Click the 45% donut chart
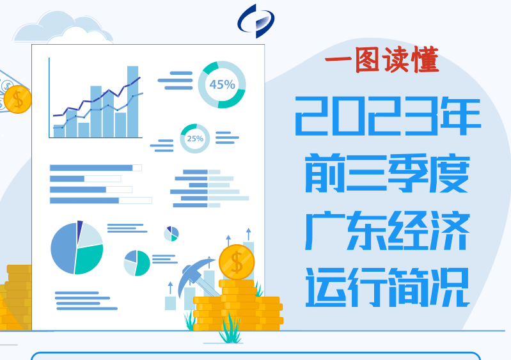point(221,84)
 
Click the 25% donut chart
point(194,138)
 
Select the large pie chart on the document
point(77,247)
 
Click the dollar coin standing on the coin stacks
point(237,262)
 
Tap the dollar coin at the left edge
point(17,99)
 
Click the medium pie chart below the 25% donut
point(137,262)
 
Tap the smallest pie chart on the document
point(171,233)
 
